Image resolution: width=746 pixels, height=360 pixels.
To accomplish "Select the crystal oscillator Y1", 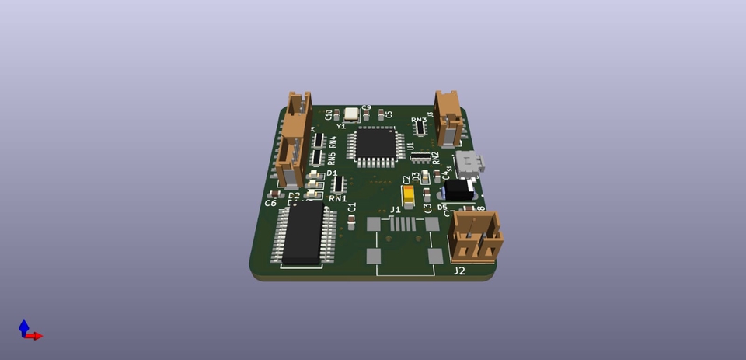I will tap(352, 114).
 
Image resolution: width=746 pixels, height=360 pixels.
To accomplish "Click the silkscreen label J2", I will tap(459, 271).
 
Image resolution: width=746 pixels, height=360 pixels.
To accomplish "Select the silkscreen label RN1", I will tap(337, 199).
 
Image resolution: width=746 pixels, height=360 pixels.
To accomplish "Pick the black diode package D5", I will tap(460, 190).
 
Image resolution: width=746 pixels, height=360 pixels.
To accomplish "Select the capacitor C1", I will tap(352, 223).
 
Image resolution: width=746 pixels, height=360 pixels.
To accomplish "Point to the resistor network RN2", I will tap(420, 157).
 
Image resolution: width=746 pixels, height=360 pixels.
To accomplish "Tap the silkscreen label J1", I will tap(395, 209).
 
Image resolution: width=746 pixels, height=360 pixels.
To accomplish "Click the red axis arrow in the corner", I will tap(36, 336).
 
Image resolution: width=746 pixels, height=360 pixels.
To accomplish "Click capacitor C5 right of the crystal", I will tap(380, 115).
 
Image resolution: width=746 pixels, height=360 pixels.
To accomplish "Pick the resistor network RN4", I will tap(319, 140).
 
